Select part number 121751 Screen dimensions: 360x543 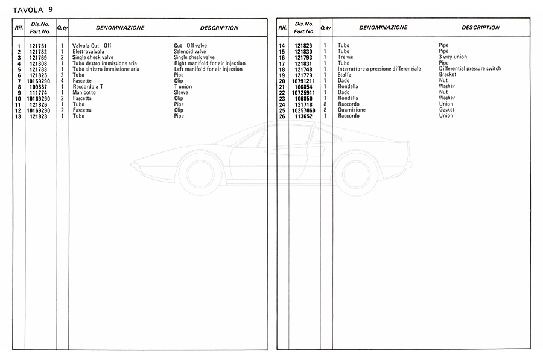click(38, 46)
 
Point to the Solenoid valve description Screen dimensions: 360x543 click(189, 52)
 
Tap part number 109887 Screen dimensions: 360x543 click(39, 87)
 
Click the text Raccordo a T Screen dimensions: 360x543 click(87, 87)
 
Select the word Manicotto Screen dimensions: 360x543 click(84, 93)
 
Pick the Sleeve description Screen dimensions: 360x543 click(181, 93)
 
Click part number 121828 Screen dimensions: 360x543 click(38, 116)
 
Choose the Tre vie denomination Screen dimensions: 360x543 click(345, 57)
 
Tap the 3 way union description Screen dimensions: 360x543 click(453, 57)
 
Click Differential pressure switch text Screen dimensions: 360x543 click(470, 69)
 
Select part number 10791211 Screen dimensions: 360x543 click(303, 81)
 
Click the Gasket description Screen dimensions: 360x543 click(446, 110)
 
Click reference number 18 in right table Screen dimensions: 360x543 click(281, 69)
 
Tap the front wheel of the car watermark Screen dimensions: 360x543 click(200, 174)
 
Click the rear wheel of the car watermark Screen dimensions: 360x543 click(356, 174)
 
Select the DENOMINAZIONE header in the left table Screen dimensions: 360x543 click(119, 28)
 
